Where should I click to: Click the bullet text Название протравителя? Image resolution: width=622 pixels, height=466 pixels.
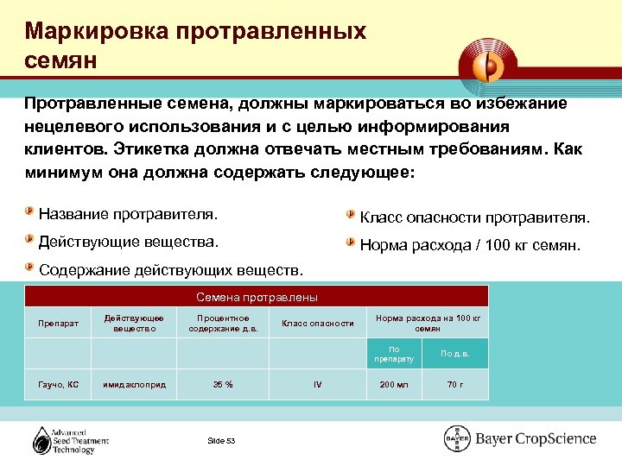point(129,212)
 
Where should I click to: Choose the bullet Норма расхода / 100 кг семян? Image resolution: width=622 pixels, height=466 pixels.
point(470,245)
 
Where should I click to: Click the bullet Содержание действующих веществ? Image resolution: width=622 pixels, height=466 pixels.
point(172,270)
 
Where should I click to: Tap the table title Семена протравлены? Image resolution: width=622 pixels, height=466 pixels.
point(257,297)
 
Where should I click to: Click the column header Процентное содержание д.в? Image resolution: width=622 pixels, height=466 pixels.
point(224,324)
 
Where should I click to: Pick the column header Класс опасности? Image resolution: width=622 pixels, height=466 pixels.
point(317,324)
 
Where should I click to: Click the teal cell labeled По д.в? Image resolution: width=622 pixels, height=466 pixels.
point(454,354)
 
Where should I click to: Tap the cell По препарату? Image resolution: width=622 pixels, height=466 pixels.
point(394,354)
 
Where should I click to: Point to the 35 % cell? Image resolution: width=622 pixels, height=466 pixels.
point(224,384)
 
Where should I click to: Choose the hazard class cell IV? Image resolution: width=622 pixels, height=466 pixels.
point(317,384)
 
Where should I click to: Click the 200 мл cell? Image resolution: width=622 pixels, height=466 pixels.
point(394,384)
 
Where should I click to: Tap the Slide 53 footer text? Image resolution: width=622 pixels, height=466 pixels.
point(221,441)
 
